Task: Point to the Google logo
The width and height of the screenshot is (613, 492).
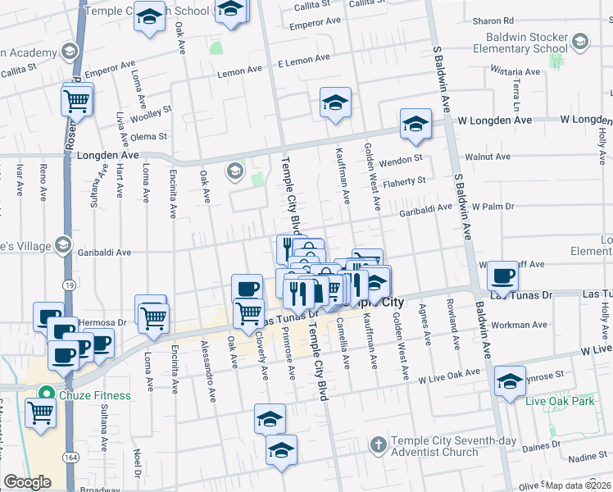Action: (27, 482)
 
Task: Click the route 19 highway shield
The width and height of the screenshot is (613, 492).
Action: (66, 284)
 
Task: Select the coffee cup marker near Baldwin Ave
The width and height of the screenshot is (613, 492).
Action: (503, 275)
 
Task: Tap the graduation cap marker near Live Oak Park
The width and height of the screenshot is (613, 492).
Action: (510, 380)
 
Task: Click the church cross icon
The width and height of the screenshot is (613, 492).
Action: (377, 446)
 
